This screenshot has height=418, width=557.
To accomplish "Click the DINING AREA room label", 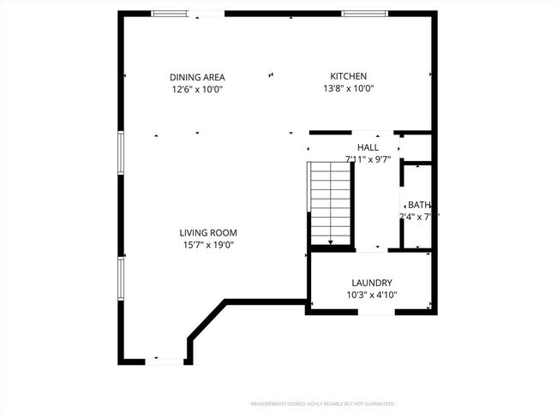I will (x=197, y=77).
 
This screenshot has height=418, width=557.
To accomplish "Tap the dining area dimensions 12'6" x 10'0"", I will (x=197, y=88).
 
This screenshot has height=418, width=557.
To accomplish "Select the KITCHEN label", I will (x=349, y=76).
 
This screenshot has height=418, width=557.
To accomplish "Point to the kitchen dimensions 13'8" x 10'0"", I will (x=349, y=88).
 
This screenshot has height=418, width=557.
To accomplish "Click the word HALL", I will (x=368, y=147).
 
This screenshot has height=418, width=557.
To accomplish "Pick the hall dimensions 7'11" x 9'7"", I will (x=368, y=158).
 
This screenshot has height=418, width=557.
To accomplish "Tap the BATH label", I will (x=419, y=205).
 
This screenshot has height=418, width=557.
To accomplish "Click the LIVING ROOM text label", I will (x=208, y=232).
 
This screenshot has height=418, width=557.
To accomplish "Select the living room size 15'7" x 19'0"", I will (x=208, y=245).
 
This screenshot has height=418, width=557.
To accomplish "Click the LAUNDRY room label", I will (x=372, y=283).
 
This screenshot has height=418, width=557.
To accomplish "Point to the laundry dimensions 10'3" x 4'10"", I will (x=372, y=295).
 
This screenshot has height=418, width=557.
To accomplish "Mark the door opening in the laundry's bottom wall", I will (x=376, y=312).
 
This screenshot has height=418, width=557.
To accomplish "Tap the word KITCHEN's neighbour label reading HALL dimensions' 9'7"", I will (x=382, y=158).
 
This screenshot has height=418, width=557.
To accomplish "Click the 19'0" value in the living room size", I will (x=225, y=245).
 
